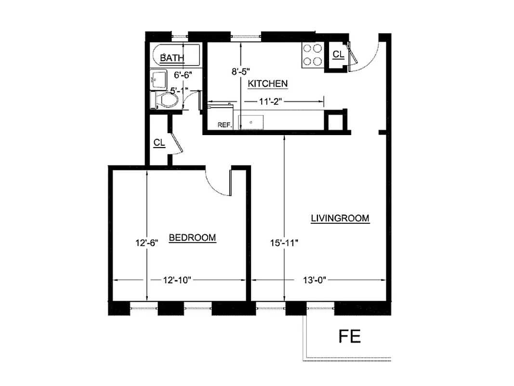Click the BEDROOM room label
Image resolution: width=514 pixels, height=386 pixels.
pos(192,237)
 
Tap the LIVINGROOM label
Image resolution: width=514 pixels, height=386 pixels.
pos(340,218)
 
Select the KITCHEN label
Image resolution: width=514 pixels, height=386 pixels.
pos(268,83)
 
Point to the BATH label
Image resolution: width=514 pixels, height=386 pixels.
pos(172,58)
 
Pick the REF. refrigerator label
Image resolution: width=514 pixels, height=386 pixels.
pos(224,124)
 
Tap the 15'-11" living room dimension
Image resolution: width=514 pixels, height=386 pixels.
pos(284,243)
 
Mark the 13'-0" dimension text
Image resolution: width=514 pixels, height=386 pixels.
pos(315,280)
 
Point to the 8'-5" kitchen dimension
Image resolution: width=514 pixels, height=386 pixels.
pos(241,71)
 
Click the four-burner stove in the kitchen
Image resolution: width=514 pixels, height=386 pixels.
pos(312,55)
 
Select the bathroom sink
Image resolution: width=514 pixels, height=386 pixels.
pos(157,79)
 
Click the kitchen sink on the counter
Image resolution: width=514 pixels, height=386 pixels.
pos(250,122)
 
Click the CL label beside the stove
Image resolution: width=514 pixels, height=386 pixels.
pos(338,55)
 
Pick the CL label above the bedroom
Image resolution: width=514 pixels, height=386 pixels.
pos(159,143)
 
